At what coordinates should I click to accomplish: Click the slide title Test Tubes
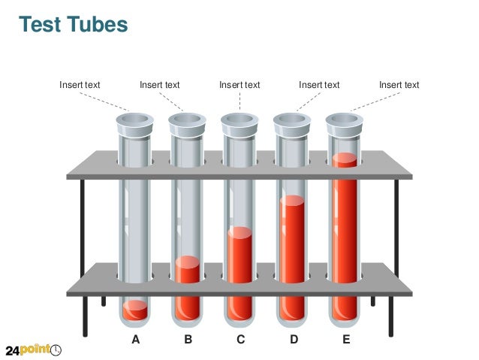click(x=74, y=25)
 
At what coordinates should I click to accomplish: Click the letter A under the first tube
click(x=136, y=340)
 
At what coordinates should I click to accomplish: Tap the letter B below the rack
click(x=188, y=340)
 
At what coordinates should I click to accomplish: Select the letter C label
click(x=240, y=340)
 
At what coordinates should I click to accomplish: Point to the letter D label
click(x=294, y=340)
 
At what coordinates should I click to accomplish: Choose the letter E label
click(x=346, y=340)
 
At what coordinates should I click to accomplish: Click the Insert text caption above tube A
click(x=80, y=85)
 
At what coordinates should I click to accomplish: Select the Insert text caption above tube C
click(x=239, y=85)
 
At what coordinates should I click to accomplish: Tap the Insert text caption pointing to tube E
click(x=399, y=85)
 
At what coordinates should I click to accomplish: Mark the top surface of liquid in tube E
click(x=345, y=159)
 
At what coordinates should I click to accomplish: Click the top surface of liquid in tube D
click(x=292, y=200)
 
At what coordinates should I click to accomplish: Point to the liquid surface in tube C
click(x=240, y=231)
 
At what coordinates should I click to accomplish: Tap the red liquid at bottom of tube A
click(x=135, y=310)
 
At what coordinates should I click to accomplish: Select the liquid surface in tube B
click(x=188, y=262)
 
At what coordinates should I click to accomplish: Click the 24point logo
click(x=34, y=350)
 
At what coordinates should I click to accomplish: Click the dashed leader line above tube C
click(x=240, y=101)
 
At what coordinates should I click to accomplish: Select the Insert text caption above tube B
click(x=160, y=85)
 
